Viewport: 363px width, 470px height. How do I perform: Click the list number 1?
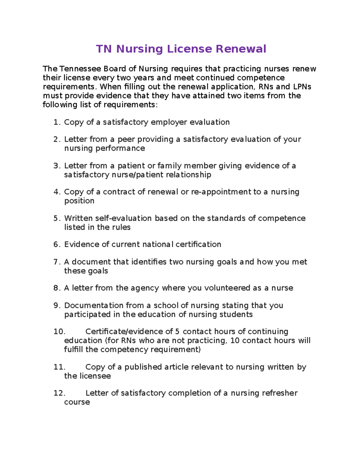pos(57,122)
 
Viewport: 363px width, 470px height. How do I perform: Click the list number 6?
pos(57,245)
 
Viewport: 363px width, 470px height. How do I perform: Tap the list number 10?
pos(59,332)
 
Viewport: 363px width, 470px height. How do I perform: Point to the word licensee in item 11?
pos(95,376)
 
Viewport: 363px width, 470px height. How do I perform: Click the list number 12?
pos(59,393)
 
